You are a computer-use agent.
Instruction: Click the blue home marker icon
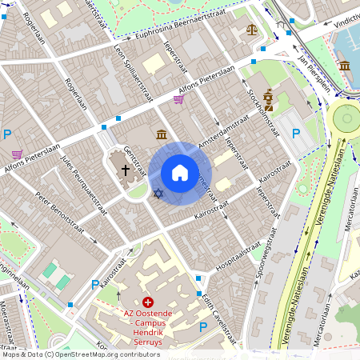tap(180, 173)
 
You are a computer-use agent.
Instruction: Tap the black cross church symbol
tap(125, 170)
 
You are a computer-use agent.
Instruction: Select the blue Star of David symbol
tap(158, 194)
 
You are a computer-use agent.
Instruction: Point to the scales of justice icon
tap(254, 30)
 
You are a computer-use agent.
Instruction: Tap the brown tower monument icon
tap(268, 99)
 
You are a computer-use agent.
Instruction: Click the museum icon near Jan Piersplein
tap(345, 66)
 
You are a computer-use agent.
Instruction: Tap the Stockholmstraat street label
tap(263, 112)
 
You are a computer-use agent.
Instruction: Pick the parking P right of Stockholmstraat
tap(295, 134)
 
